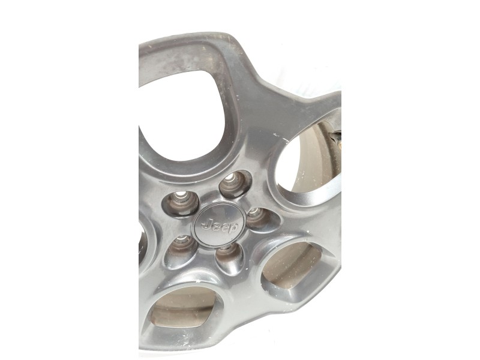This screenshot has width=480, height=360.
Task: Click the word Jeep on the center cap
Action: (x=220, y=227)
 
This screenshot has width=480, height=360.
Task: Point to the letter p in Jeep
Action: (x=233, y=229)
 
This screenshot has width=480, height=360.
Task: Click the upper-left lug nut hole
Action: (x=181, y=203)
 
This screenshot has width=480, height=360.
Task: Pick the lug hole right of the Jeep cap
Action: (x=260, y=219)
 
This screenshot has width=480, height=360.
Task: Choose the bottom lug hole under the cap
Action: (x=230, y=258)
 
